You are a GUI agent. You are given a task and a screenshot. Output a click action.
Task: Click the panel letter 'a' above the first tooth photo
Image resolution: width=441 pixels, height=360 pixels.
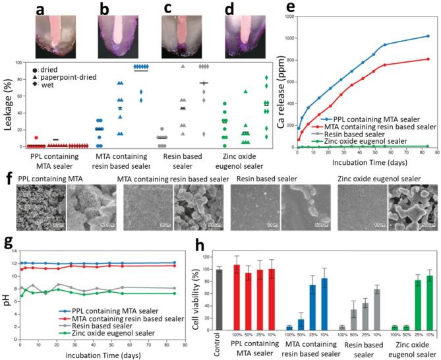point(41,10)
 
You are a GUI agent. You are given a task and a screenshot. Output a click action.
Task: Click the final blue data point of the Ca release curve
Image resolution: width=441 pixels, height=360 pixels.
point(428,36)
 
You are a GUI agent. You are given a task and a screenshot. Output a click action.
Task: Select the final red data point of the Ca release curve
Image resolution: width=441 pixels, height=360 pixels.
point(428,59)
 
